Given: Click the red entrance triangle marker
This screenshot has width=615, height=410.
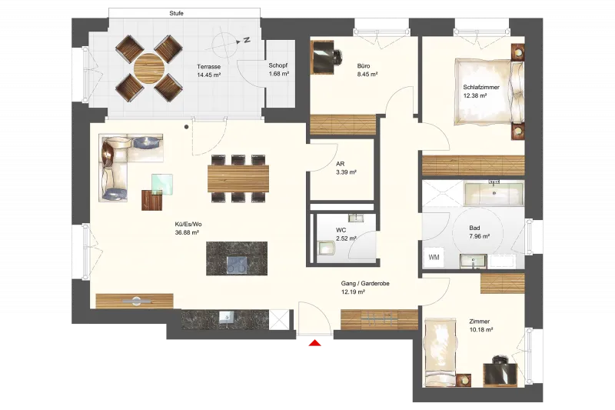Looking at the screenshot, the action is (x=315, y=343).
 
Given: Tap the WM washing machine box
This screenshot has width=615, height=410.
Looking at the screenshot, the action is (x=434, y=258).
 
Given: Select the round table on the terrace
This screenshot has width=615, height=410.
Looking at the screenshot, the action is (x=149, y=68).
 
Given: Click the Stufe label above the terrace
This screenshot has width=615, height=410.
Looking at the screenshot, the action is (x=176, y=13).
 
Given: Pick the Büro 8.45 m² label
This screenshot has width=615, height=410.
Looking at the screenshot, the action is (x=367, y=70).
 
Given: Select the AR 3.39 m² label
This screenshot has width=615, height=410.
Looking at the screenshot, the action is (x=346, y=168).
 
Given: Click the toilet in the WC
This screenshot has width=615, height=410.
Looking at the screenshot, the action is (x=326, y=248).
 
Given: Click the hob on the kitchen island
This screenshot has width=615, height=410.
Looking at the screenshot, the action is (x=238, y=265).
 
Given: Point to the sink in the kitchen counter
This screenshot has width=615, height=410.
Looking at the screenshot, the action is (x=226, y=317).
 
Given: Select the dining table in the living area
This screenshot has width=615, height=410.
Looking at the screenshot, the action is (x=238, y=178).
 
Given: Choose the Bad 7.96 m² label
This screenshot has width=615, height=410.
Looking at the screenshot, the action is (x=479, y=232).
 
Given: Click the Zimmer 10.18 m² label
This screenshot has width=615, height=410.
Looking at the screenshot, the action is (x=481, y=325).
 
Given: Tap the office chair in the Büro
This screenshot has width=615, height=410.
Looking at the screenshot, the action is (x=337, y=56).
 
